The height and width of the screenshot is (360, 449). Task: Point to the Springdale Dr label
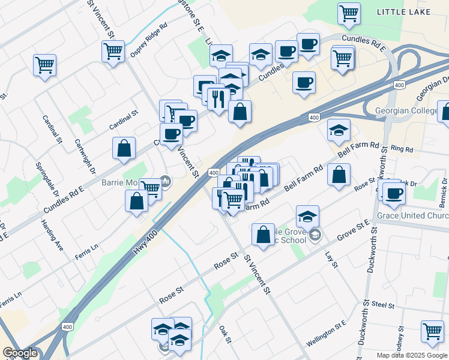47,180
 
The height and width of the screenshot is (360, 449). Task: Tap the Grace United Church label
412,216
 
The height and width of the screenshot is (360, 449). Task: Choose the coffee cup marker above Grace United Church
394,193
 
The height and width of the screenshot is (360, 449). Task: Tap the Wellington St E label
326,334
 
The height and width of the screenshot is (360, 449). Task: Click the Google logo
20,353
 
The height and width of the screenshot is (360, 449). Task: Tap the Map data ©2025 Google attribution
411,355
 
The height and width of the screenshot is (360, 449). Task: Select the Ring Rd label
402,148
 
